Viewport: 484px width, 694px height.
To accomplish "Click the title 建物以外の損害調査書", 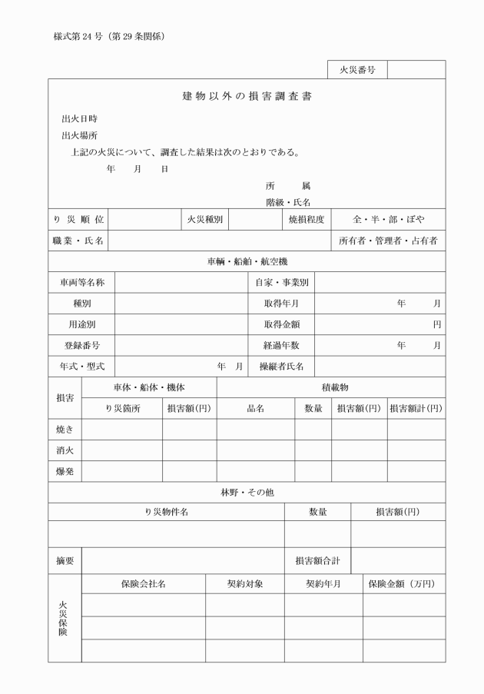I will (x=247, y=97).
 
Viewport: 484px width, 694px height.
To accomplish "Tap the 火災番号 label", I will (x=356, y=70).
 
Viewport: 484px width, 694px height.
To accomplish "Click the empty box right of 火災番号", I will (x=416, y=70).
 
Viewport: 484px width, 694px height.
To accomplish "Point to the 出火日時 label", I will (x=79, y=119).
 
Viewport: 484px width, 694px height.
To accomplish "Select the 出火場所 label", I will (x=79, y=136).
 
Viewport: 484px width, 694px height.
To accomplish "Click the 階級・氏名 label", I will (x=288, y=202).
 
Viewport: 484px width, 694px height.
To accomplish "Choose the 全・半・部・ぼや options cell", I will (x=388, y=220).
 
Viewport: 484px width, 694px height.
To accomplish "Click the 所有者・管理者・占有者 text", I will (x=388, y=241).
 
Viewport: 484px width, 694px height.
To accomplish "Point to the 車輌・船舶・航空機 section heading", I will (x=247, y=262).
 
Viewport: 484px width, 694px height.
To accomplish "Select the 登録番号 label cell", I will (x=81, y=345).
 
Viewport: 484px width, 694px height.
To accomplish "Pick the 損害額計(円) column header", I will (x=416, y=409).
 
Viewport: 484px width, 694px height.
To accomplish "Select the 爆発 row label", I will (x=65, y=471).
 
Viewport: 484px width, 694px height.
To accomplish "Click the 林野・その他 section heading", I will (x=247, y=493).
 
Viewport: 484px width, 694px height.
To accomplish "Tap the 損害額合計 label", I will (x=317, y=561).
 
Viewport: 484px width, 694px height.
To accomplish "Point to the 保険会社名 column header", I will (x=143, y=584).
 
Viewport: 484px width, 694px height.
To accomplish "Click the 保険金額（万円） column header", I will (x=404, y=584).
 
